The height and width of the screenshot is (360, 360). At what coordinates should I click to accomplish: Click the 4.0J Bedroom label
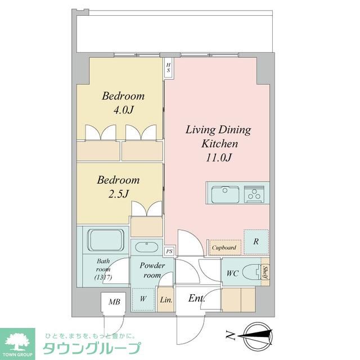123,102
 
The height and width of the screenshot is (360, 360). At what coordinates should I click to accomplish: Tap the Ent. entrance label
196,298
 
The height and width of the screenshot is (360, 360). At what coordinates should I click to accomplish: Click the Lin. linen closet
166,299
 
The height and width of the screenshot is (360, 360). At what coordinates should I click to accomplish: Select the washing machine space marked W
143,299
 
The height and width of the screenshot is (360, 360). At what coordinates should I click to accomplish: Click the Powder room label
152,270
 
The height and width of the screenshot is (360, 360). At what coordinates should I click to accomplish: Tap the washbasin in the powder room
147,247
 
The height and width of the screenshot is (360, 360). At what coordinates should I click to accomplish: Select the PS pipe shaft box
169,251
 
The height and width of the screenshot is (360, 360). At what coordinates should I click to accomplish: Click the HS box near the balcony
168,67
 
